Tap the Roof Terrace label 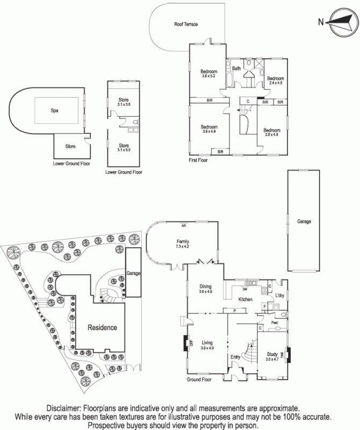pos(186,25)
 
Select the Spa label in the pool pos(54,111)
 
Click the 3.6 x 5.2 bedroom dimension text pos(208,76)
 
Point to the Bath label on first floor pos(236,68)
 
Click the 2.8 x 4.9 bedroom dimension pos(271,135)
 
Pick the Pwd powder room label pos(275,323)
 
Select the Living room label pos(207,342)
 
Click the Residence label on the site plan pos(102,327)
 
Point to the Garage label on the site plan pos(133,274)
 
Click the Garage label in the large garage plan pos(304,221)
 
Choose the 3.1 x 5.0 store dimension pos(124,150)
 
